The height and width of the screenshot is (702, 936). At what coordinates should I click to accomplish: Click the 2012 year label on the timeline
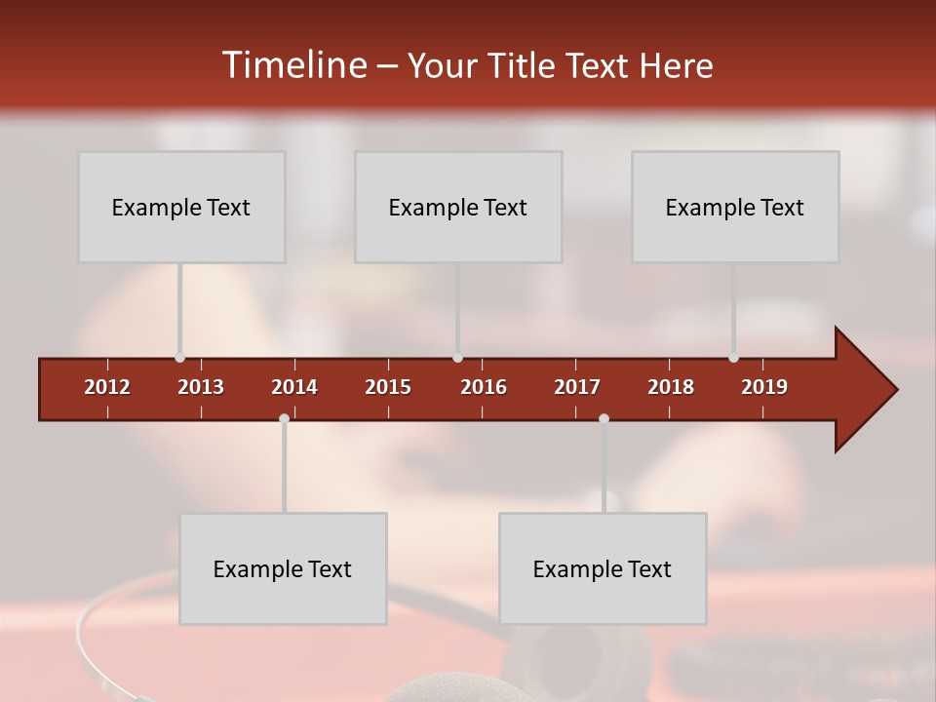pos(107,387)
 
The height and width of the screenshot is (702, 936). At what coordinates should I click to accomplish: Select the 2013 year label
pos(201,387)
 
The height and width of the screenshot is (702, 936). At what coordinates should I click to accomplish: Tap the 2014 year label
pos(294,387)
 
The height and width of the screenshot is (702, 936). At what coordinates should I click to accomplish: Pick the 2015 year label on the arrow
pos(388,387)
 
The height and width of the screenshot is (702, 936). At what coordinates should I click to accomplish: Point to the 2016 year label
pos(484,387)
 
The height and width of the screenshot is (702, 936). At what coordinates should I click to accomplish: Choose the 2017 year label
pos(577,387)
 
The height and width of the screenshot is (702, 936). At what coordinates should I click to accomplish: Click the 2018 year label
pos(671,387)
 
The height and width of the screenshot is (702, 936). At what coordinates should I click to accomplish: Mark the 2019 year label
pos(764,387)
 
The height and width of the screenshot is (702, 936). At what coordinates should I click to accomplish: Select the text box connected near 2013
pos(181,207)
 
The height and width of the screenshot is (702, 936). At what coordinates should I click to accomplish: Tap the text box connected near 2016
pos(458,207)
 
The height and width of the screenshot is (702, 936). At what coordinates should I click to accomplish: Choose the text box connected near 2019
pos(735,207)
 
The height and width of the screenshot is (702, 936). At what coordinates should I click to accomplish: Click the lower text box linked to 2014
pos(283,568)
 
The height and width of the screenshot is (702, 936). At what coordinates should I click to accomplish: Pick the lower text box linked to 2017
pos(603,568)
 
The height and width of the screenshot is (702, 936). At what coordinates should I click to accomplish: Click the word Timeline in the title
pos(294,65)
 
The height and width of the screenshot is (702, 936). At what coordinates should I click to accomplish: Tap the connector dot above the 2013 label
pos(179,358)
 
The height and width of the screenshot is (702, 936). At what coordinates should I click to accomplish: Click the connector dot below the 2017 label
pos(604,419)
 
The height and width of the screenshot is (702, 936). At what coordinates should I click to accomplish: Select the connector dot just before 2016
pos(457,358)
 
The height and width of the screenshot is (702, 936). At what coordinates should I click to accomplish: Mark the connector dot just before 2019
pos(733,358)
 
